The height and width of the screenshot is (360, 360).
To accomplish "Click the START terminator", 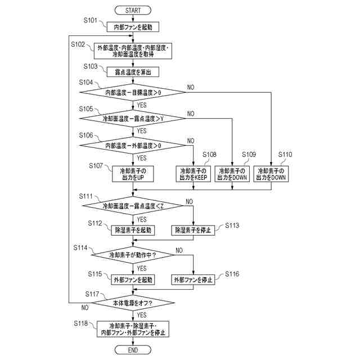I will coord(133,10).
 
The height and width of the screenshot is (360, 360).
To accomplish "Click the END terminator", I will coord(133,350).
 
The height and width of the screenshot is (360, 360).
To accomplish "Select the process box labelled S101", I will coord(133,26).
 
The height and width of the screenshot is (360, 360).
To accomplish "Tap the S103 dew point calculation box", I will coord(133,72).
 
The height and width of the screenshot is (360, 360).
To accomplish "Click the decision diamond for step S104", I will coord(133,92).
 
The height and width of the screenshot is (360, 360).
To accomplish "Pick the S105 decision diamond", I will coord(133,119).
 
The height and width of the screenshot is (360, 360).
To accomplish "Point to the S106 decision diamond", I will coord(133,146).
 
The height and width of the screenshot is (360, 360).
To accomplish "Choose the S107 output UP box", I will coord(133,173).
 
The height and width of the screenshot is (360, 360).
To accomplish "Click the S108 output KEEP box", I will coord(193,173).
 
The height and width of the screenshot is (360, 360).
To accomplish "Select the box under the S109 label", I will coord(232,173).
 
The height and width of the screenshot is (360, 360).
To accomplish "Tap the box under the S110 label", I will coord(271,173).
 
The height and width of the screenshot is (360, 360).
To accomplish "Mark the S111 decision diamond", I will coord(133,206).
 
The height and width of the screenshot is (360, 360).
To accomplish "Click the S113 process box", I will coord(193,230).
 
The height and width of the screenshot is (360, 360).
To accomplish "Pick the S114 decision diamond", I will coord(133,255).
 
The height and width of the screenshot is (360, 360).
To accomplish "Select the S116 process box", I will coord(193,280).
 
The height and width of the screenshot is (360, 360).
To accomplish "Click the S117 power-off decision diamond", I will coord(133,303).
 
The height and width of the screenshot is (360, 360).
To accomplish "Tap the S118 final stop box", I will coord(133,330).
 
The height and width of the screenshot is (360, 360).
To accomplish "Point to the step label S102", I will coord(79,44).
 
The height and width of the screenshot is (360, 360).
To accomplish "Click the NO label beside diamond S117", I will coord(85,308).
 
